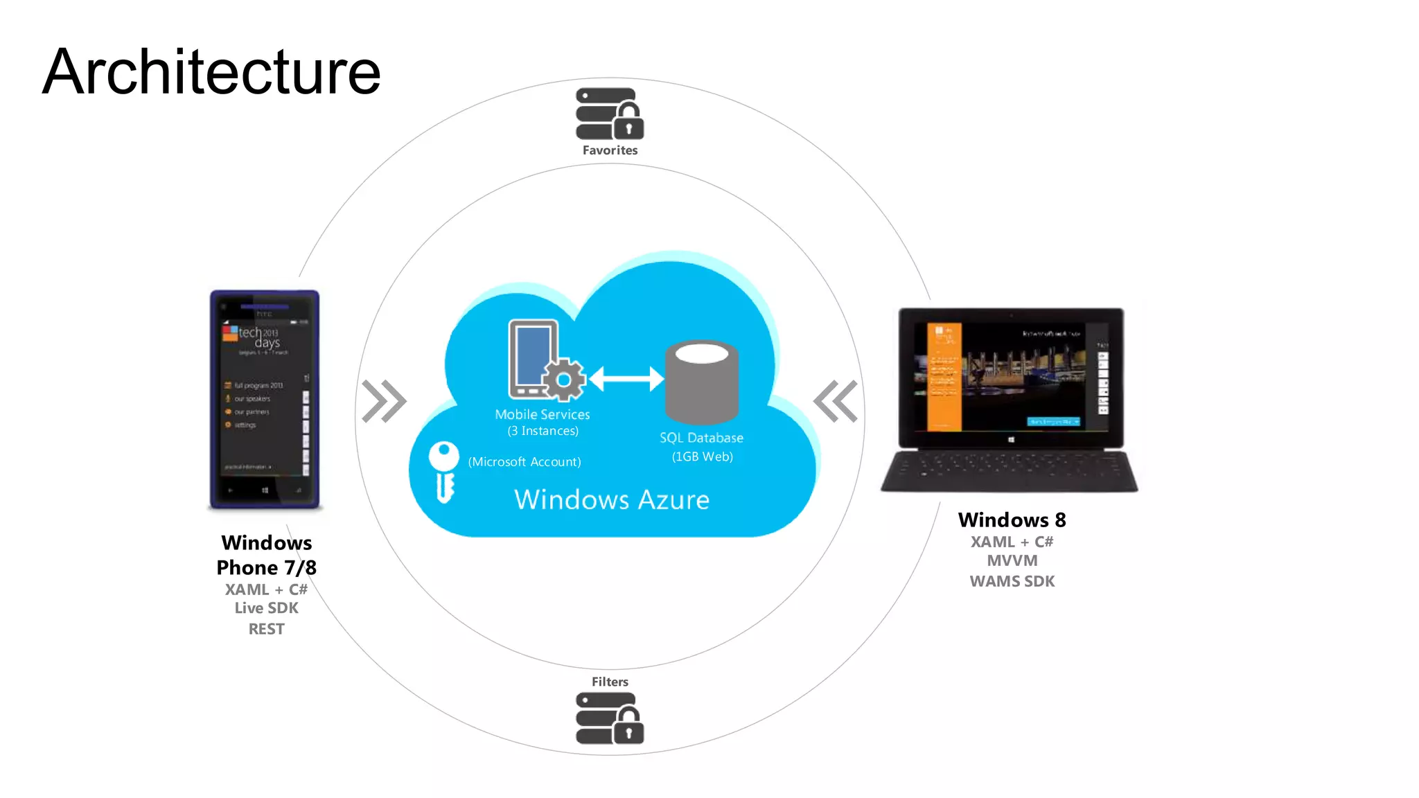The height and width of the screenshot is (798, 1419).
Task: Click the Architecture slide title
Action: click(x=211, y=72)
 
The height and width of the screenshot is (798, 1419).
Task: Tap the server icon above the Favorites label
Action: click(x=609, y=114)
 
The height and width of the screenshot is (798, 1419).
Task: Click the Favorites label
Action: click(x=610, y=150)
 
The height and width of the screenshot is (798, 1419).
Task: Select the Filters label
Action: click(x=610, y=682)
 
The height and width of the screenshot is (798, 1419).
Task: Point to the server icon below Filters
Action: click(x=609, y=719)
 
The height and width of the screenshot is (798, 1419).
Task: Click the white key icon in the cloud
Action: click(x=444, y=471)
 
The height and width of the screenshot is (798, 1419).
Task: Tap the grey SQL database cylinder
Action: click(x=701, y=382)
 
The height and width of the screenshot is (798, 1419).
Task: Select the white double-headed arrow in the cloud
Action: click(x=626, y=378)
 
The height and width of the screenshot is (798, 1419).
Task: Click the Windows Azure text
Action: click(x=612, y=499)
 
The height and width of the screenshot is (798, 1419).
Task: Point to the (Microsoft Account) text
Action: click(x=525, y=462)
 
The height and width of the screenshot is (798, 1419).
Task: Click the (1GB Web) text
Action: click(x=702, y=456)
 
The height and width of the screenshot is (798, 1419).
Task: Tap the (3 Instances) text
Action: click(x=543, y=431)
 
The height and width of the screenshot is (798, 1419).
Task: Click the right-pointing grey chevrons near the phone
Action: click(x=384, y=401)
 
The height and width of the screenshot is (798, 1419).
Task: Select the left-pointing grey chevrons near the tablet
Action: click(x=836, y=401)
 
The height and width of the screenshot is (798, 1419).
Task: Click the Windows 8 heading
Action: click(x=1012, y=520)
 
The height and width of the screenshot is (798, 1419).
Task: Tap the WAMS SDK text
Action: click(x=1012, y=581)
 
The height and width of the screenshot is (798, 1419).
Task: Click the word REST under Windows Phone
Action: click(x=266, y=629)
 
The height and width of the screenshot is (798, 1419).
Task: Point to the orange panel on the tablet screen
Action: click(x=944, y=378)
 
